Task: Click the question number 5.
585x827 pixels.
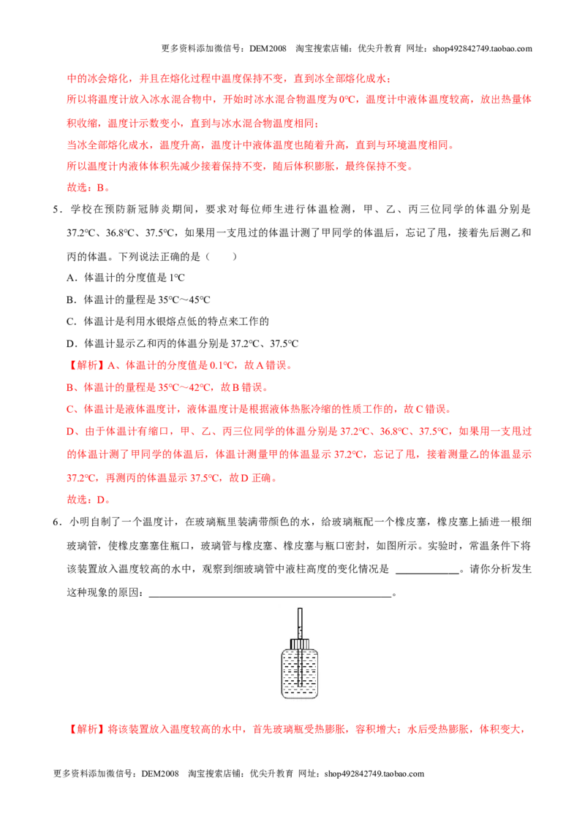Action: point(56,210)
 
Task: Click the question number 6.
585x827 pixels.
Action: point(56,522)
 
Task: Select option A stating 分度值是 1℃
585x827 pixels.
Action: point(126,278)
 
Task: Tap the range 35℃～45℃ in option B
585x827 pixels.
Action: point(184,300)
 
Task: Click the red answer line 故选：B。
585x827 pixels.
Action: point(88,187)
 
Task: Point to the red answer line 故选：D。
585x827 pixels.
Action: point(88,500)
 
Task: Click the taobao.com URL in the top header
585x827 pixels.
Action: point(482,48)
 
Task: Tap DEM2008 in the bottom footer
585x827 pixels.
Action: point(160,774)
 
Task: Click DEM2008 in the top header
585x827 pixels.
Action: point(268,48)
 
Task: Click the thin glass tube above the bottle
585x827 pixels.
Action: point(300,623)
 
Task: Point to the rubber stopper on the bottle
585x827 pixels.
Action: point(300,644)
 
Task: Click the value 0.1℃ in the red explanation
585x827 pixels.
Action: point(222,365)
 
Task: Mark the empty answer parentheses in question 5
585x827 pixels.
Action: point(221,257)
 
